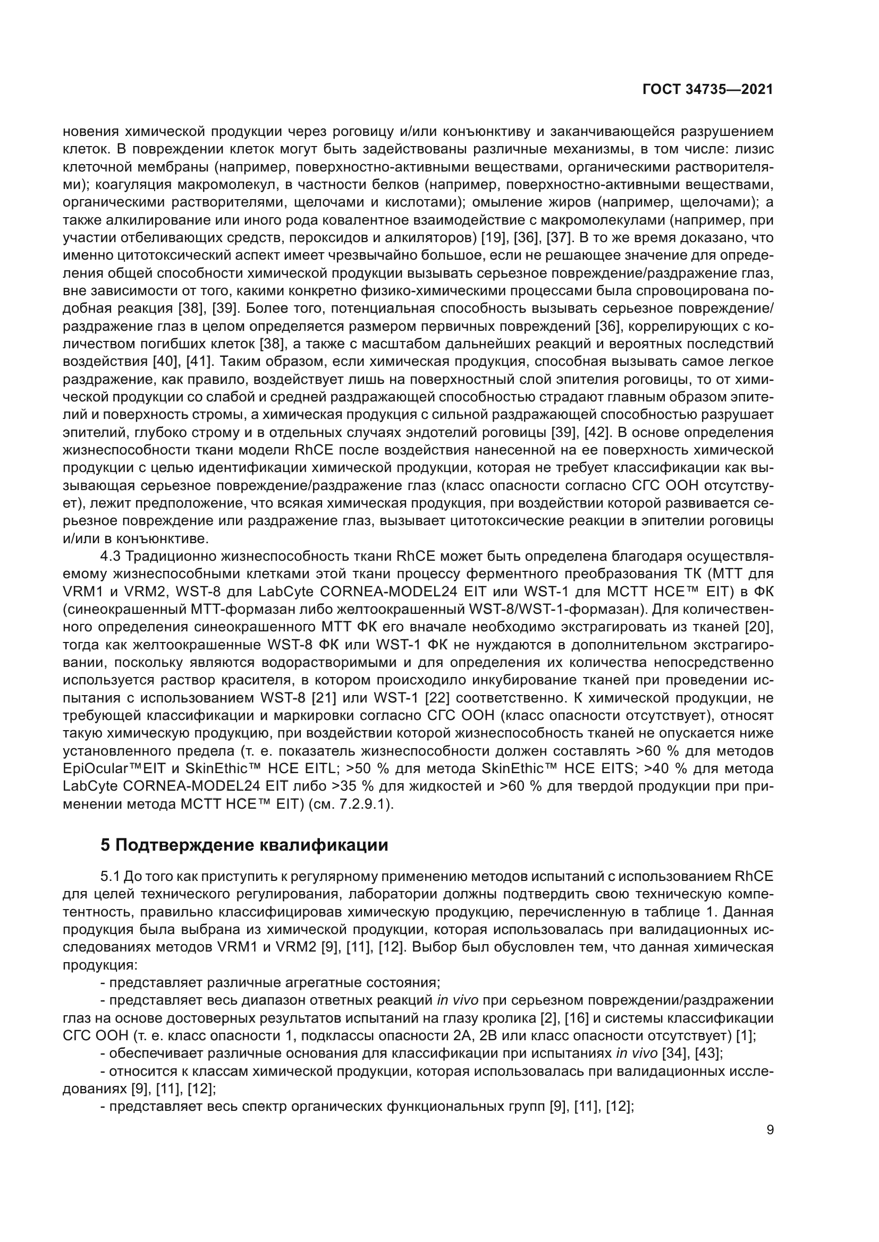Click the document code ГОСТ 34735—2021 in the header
pos(707,89)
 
